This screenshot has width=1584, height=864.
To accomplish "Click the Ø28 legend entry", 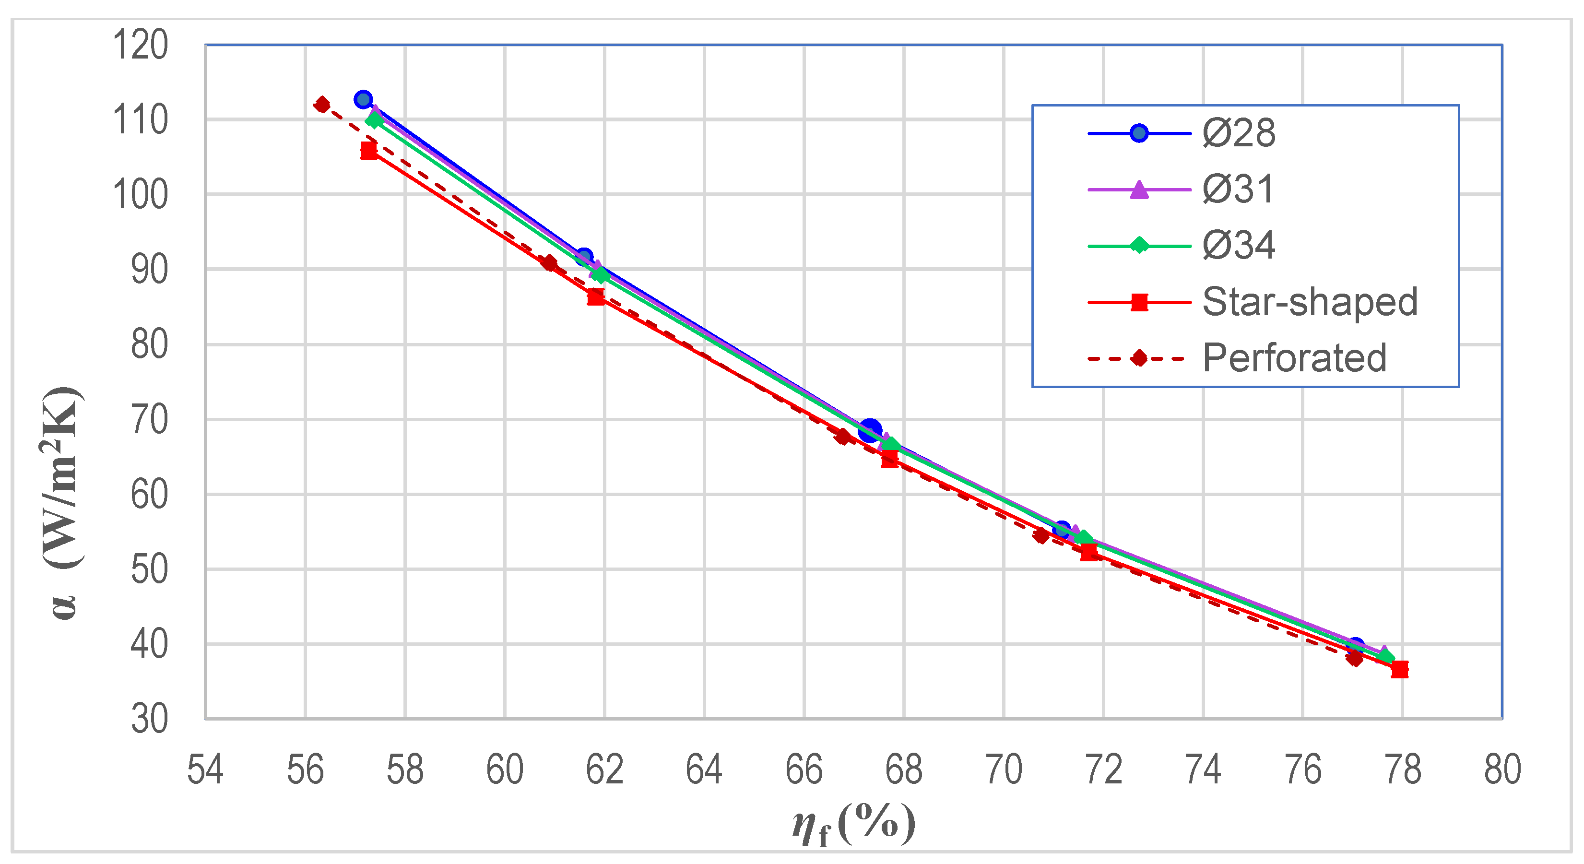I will (1239, 133).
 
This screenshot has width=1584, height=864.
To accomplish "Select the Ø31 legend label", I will (1237, 189).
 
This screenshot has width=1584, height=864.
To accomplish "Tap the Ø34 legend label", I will (1239, 245).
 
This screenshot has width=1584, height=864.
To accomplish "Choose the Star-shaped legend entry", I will (1309, 302).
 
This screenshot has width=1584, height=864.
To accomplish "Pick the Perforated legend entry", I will (1294, 358).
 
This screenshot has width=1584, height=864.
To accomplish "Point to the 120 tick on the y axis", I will (140, 45).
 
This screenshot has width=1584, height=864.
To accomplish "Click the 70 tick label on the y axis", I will (149, 420).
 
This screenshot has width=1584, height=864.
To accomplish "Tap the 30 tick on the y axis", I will (149, 719).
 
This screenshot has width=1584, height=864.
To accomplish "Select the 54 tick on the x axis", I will (205, 769).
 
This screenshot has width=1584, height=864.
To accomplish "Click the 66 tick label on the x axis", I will (804, 769).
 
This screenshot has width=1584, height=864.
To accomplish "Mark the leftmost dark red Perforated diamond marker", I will (321, 105).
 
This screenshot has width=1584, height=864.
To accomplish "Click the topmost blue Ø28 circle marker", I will (364, 99).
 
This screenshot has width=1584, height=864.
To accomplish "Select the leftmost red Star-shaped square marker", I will (369, 151).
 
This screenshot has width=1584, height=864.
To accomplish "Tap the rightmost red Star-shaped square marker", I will (1399, 669).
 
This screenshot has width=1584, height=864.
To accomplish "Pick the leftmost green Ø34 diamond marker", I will (375, 119).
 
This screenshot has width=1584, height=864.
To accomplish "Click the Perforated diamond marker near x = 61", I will (549, 263).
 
